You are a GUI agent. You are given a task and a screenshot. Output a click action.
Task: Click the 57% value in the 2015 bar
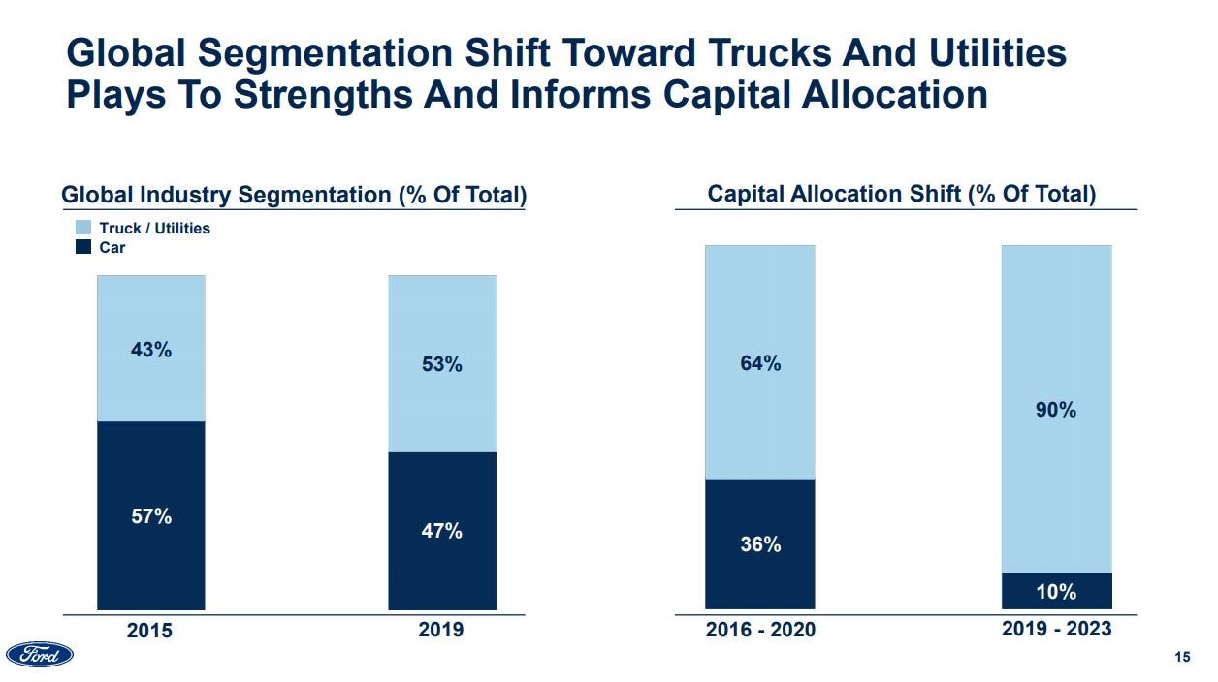coord(151,517)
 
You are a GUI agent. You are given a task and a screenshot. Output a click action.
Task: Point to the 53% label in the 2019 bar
coord(442,365)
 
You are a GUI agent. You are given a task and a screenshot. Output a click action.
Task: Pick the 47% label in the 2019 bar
coord(442,531)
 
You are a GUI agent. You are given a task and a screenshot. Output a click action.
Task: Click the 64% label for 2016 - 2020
coord(760,364)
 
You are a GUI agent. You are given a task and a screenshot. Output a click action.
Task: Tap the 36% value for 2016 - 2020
coord(760,544)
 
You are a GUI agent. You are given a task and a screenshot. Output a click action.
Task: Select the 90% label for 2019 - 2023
coord(1056,410)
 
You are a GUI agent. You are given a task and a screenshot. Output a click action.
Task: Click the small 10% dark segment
coord(1056,591)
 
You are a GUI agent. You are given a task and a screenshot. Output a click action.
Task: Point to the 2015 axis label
coord(150,631)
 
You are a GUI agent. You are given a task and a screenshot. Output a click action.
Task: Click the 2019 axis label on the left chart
coord(441,630)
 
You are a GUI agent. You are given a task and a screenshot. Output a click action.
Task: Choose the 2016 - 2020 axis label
coord(760,631)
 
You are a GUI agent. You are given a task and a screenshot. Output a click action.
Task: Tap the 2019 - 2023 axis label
coord(1056,629)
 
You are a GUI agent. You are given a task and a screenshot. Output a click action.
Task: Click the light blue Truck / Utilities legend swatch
coord(83,228)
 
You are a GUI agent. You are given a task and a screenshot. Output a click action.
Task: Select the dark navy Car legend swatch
coord(83,247)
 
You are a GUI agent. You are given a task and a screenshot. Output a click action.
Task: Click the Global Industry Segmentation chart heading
coord(294,195)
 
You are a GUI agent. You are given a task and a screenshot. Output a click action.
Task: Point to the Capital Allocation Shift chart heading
coord(902,194)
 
